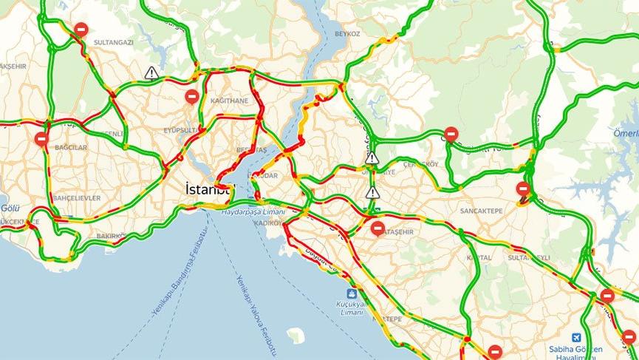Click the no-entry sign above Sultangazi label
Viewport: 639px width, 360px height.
pyautogui.click(x=81, y=30)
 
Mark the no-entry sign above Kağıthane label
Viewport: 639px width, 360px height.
pyautogui.click(x=192, y=96)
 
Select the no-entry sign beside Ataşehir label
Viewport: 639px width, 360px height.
pyautogui.click(x=377, y=228)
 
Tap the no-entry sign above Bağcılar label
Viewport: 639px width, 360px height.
pyautogui.click(x=42, y=139)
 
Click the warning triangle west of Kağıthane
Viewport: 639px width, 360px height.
pyautogui.click(x=151, y=72)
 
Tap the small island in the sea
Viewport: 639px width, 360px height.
pyautogui.click(x=297, y=335)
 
